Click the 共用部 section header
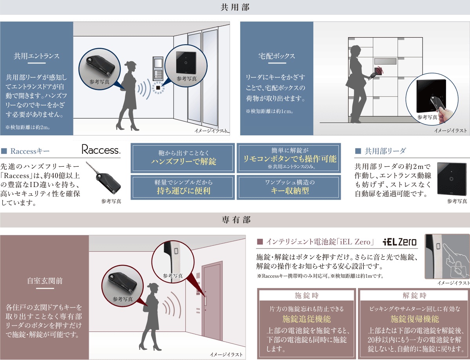tap(235, 7)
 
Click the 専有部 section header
tap(235, 220)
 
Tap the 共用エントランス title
tap(36, 56)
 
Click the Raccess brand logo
tap(101, 150)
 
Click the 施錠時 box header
tap(306, 295)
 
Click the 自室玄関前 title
tap(44, 281)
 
